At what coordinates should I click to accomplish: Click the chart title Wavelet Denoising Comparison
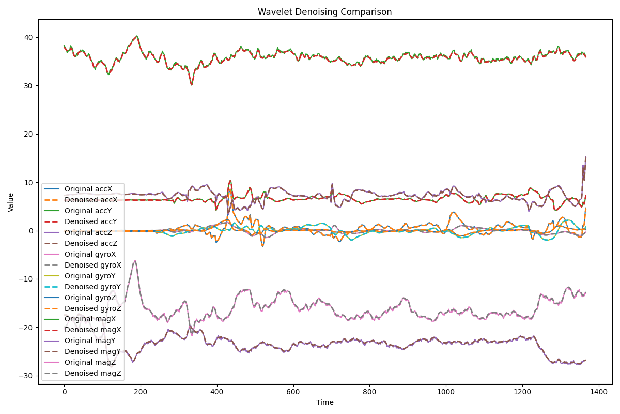324,12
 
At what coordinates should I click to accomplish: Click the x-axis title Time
324,402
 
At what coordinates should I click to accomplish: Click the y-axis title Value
11,202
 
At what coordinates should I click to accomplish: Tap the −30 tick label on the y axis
27,376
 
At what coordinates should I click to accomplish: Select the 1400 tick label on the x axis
598,392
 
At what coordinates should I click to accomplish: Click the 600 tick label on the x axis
293,392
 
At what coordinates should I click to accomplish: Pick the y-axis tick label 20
29,134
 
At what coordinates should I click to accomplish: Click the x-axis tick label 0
65,392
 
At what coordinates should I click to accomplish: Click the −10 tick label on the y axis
27,279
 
